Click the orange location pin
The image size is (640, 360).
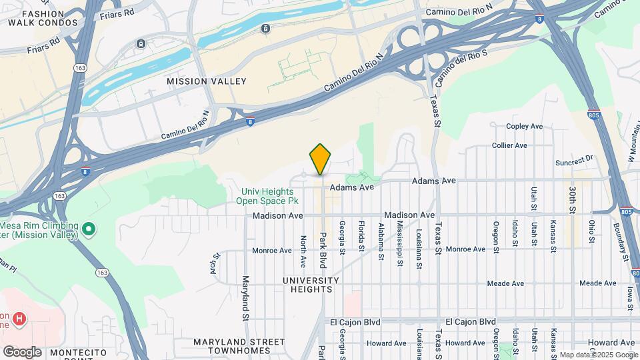[321, 159]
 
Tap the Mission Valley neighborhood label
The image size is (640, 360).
[206, 81]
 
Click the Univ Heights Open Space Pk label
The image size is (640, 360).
[269, 196]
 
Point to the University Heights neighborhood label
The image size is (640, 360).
[307, 285]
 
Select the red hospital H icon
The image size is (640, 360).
[19, 319]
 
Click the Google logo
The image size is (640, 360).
[22, 352]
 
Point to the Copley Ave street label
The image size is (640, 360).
[525, 126]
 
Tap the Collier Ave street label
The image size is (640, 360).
[509, 145]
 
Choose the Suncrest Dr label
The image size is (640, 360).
[574, 161]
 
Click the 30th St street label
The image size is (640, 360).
[573, 200]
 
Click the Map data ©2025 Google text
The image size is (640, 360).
[599, 355]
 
